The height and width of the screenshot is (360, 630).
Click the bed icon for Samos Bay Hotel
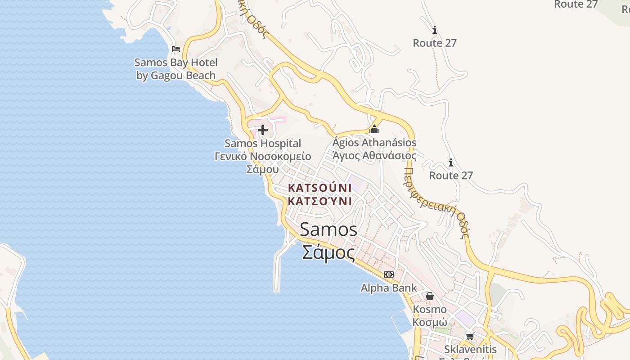(176, 49)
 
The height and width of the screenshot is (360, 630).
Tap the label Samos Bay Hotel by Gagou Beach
(176, 69)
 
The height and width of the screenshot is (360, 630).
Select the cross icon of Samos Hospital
(263, 130)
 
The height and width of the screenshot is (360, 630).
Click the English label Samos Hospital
(263, 144)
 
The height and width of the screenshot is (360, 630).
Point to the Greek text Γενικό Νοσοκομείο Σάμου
(263, 162)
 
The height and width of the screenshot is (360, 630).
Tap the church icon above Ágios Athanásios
(374, 130)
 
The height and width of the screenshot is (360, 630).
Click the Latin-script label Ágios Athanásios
(374, 143)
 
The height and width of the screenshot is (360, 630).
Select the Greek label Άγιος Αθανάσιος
(374, 156)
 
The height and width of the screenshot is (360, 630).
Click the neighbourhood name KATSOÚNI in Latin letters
(319, 187)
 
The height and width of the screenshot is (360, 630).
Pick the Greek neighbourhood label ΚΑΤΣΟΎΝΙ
(319, 201)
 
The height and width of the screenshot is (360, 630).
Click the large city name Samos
(328, 229)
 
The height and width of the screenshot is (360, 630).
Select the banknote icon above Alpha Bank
(389, 274)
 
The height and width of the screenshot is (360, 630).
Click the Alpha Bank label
(389, 288)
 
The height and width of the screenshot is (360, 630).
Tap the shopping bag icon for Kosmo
(430, 296)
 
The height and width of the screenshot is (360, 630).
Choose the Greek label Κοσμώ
(430, 322)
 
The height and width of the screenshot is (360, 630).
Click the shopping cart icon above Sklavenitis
(470, 336)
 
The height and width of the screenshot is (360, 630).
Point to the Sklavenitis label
(470, 349)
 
